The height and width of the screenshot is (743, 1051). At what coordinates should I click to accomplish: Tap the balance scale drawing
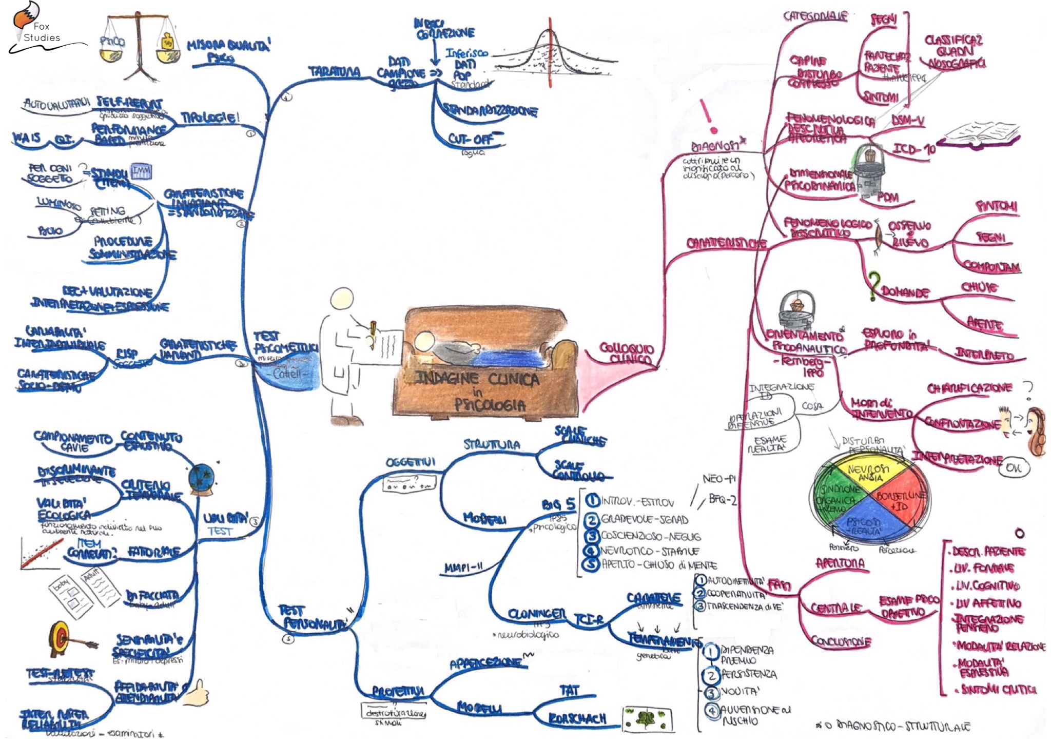139,46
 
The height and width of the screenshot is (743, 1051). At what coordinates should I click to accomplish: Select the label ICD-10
914,149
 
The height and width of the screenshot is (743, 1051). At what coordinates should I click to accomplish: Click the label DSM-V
908,121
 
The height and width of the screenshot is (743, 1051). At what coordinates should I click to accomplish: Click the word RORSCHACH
577,718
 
